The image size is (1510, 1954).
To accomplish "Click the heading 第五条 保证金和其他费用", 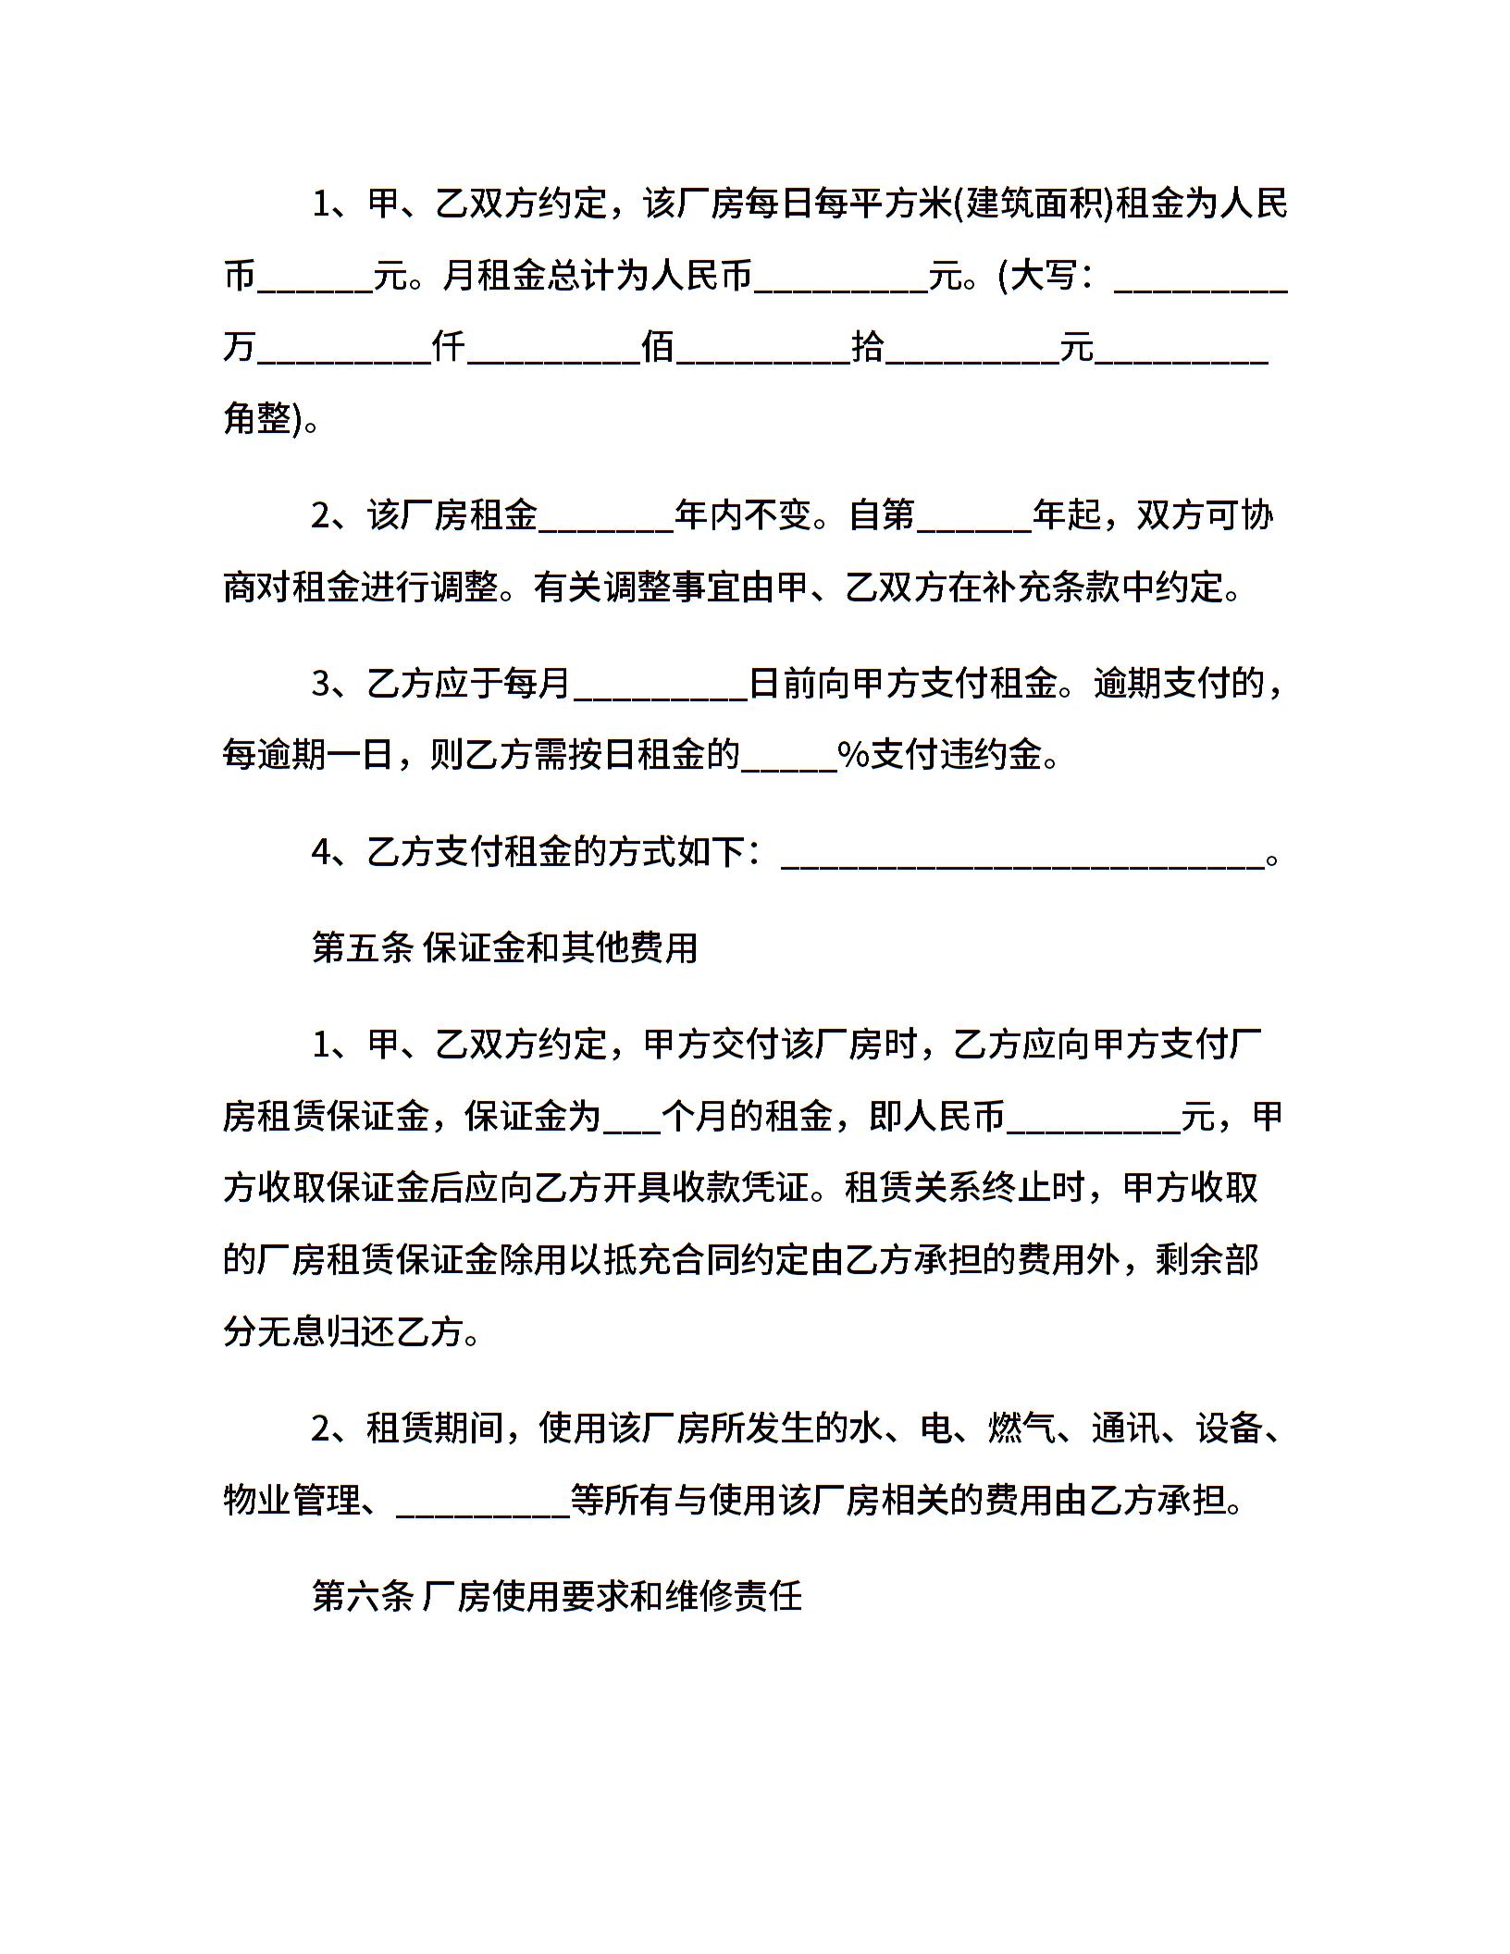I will point(504,947).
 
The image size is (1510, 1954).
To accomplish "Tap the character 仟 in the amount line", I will point(449,348).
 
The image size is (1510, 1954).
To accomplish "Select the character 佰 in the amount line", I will point(658,348).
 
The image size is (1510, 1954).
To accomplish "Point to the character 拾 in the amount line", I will point(867,348).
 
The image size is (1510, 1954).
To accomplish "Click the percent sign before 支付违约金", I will point(852,755).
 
